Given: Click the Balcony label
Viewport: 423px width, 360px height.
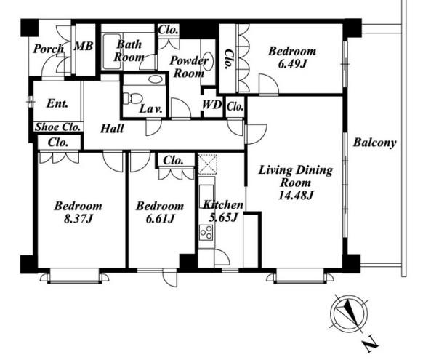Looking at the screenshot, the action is coord(374,143).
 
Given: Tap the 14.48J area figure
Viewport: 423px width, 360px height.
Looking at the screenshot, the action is coord(296,195).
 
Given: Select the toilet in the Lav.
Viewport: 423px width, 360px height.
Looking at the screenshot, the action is coord(132,98).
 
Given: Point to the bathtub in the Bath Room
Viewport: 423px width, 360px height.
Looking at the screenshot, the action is coord(112,52).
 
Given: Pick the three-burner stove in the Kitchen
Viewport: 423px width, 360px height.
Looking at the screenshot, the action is coord(206,232).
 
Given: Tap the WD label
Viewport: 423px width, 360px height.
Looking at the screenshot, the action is coord(212,105).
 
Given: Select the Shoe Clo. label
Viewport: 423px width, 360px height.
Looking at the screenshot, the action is coord(58,127).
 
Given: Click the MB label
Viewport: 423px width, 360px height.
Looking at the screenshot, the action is coord(84,47).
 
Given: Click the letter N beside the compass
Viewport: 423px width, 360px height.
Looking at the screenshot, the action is coord(370,344).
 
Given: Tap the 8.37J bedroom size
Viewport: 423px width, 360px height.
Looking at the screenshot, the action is coord(78,219).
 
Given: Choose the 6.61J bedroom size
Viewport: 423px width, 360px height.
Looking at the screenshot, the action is coord(160,219).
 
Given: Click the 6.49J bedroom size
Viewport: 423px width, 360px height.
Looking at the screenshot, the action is coord(292,64).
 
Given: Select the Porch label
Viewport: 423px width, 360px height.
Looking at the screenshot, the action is coord(49,49).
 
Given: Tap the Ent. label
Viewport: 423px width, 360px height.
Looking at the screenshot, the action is coord(57,103).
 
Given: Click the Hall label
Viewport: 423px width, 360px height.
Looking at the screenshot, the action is coord(112,129).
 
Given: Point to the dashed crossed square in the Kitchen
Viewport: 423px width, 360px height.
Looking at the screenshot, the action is coord(207,164).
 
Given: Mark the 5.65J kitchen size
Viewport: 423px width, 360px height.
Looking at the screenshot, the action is coord(223,217).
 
